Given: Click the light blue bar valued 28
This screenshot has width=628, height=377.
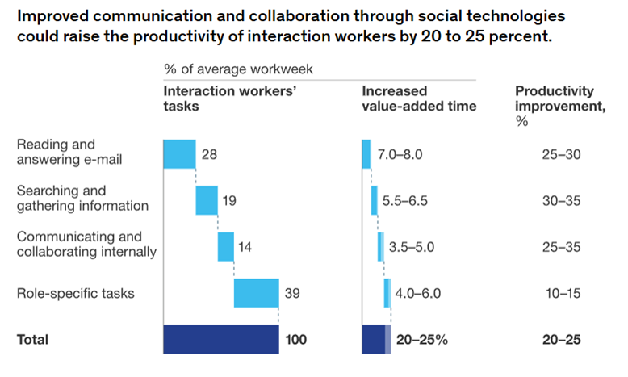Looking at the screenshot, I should (179, 153).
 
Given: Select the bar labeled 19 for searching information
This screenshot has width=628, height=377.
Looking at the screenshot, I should (207, 200).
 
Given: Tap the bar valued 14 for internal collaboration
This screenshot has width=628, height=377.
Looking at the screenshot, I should (226, 246).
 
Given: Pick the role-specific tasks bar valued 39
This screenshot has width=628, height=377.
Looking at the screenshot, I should (257, 293).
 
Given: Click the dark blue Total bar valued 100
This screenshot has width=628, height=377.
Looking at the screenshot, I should (221, 339).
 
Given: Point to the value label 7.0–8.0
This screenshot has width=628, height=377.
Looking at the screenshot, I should (400, 153).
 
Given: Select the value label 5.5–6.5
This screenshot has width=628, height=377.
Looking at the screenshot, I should (400, 200).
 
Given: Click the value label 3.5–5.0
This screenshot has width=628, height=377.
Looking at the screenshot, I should (412, 247).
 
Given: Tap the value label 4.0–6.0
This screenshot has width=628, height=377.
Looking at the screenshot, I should (419, 293).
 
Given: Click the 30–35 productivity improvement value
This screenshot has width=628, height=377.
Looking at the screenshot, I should (561, 200).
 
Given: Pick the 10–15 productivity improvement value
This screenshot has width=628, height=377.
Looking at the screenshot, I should (561, 293).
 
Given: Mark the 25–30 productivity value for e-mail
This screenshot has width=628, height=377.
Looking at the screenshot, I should (561, 153).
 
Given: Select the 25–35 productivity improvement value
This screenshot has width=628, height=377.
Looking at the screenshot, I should (561, 247).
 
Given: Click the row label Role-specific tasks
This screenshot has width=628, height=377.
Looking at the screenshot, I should (76, 293).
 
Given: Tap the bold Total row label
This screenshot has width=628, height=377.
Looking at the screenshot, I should (33, 340).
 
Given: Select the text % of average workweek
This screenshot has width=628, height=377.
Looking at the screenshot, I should (238, 69).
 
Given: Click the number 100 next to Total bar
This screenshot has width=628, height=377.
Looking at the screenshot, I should (296, 340).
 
